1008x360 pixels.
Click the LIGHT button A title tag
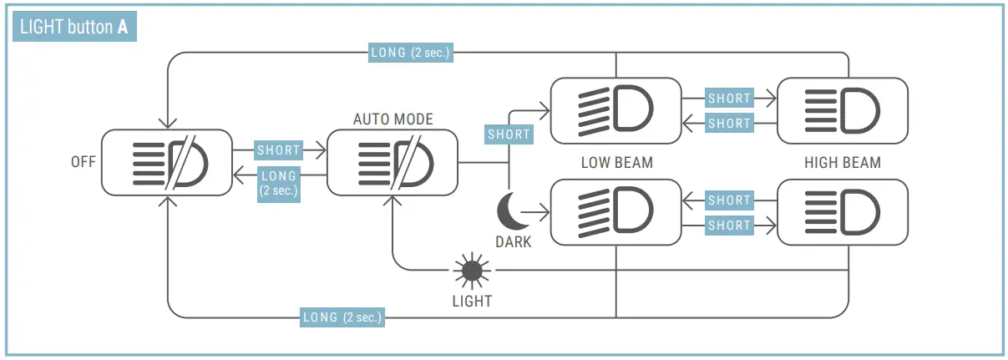(x=73, y=27)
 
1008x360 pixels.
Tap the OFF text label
(x=84, y=163)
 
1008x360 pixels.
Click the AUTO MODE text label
(x=393, y=119)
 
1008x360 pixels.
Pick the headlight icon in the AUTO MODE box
(x=393, y=163)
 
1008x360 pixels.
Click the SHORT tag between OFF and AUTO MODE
(x=279, y=150)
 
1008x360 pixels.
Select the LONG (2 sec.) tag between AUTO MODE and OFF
(x=279, y=183)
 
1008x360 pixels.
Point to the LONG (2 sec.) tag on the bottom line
(x=342, y=317)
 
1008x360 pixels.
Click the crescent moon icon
(x=511, y=210)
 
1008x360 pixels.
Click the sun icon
(x=472, y=271)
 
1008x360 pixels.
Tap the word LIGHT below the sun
(x=472, y=301)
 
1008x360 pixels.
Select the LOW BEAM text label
(x=616, y=163)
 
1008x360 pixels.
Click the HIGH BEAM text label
(x=842, y=163)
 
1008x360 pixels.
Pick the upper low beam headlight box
(x=616, y=110)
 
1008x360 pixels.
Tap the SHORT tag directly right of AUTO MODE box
(x=509, y=134)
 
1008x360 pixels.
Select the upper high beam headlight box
(x=842, y=110)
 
